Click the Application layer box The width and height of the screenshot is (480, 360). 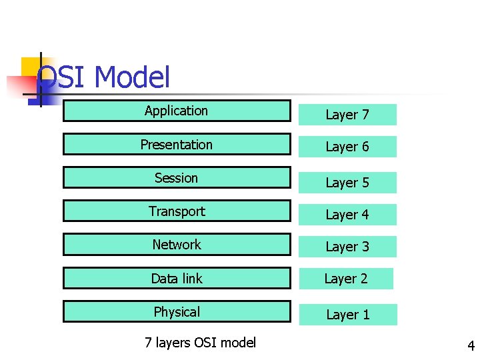tap(177, 111)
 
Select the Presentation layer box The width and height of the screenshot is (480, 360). tap(177, 145)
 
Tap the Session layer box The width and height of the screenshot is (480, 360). tap(177, 178)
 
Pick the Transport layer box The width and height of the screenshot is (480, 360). tap(177, 211)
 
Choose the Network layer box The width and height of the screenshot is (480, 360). tap(177, 245)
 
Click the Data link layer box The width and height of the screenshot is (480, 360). tap(177, 279)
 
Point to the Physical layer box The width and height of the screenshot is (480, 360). tap(177, 312)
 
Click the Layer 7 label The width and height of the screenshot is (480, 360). tap(347, 115)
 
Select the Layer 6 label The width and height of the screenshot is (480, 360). tap(347, 147)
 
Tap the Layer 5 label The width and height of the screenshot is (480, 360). tap(347, 183)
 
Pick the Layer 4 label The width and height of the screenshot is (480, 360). tap(347, 215)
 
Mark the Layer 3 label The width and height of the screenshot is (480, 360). tap(347, 247)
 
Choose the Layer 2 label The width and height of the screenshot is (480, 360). tap(346, 279)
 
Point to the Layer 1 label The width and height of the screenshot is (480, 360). tap(348, 315)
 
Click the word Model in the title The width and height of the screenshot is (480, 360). tap(132, 77)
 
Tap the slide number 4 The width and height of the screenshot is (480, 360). tap(471, 346)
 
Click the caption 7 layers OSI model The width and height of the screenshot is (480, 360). tap(200, 343)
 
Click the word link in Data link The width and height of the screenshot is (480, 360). tap(191, 279)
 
